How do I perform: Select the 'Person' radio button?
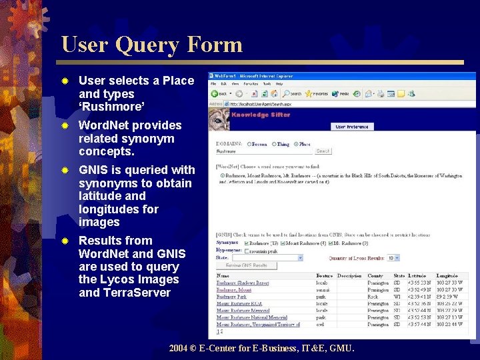point(250,144)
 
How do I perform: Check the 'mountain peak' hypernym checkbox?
point(247,251)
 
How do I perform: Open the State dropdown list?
point(300,257)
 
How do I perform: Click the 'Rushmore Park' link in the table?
point(231,297)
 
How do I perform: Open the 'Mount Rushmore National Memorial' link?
point(251,318)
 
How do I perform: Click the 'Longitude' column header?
point(447,276)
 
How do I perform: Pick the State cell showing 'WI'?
point(397,297)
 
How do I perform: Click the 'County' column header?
point(375,276)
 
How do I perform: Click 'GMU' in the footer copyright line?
point(341,348)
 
